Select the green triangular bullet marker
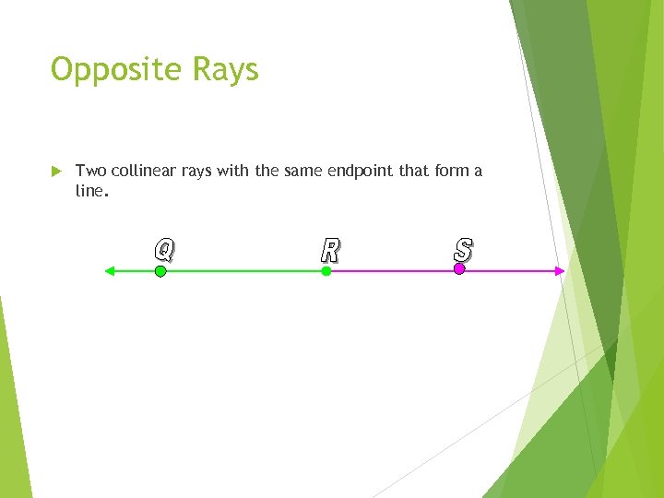[55, 171]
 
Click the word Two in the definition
[90, 171]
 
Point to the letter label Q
[163, 249]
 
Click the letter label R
[329, 250]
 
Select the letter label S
[463, 249]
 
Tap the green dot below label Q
[160, 271]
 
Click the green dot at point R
[326, 271]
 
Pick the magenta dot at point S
[459, 269]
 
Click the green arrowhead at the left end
[109, 271]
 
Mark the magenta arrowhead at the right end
[559, 270]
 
